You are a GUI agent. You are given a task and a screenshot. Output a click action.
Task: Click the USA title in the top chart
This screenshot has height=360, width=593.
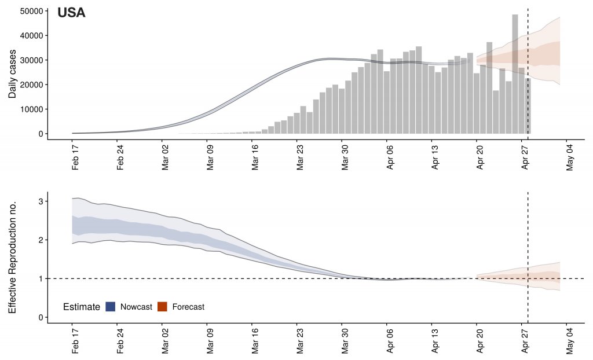[71, 13]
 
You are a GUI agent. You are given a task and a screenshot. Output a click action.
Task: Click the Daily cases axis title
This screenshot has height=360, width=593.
[13, 72]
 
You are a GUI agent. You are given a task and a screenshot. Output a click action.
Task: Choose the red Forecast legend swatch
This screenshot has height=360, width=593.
[162, 307]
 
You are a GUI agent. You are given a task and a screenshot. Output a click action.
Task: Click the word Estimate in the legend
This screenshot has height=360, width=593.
[82, 307]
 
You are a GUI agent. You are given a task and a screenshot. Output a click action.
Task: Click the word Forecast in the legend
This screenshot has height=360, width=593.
[188, 307]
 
